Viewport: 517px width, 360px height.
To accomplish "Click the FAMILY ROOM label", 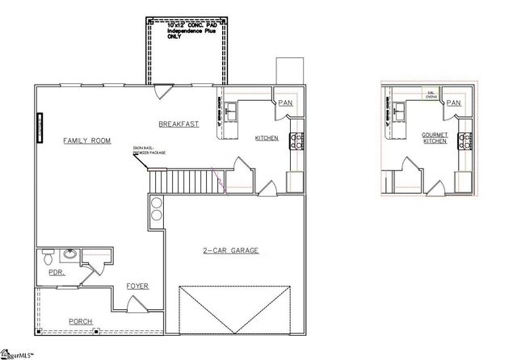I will click(x=86, y=140).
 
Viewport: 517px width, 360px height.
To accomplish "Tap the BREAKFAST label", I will click(x=179, y=123).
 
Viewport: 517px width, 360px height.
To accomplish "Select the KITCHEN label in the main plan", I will click(x=267, y=138).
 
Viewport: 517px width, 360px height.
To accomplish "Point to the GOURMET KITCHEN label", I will click(x=435, y=137).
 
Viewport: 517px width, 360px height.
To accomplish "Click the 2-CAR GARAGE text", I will click(x=230, y=251).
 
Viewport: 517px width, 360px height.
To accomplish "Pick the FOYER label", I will click(x=137, y=287).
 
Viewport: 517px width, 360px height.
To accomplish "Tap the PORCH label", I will click(x=80, y=321).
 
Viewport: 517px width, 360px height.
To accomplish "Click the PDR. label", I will click(x=56, y=273).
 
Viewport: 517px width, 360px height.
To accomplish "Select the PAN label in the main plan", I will click(x=285, y=103).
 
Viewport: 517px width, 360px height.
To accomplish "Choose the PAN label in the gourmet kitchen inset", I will click(x=453, y=103).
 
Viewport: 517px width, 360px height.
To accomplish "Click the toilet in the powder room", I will click(x=48, y=257).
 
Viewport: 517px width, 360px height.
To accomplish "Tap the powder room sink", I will click(x=69, y=256).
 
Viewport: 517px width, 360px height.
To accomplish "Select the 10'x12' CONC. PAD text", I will click(x=187, y=31).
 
